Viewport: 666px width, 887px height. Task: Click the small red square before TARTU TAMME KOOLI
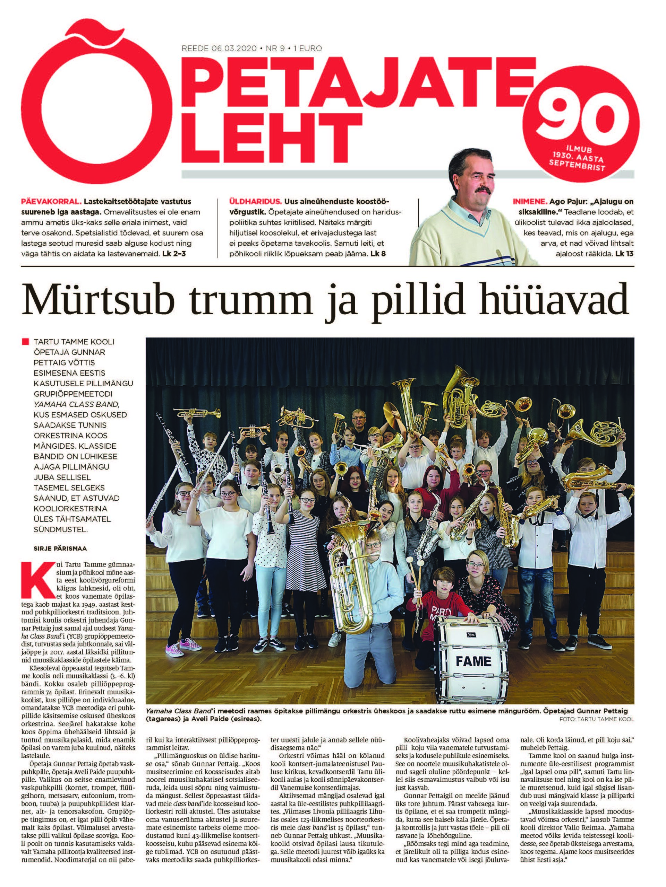26,342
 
